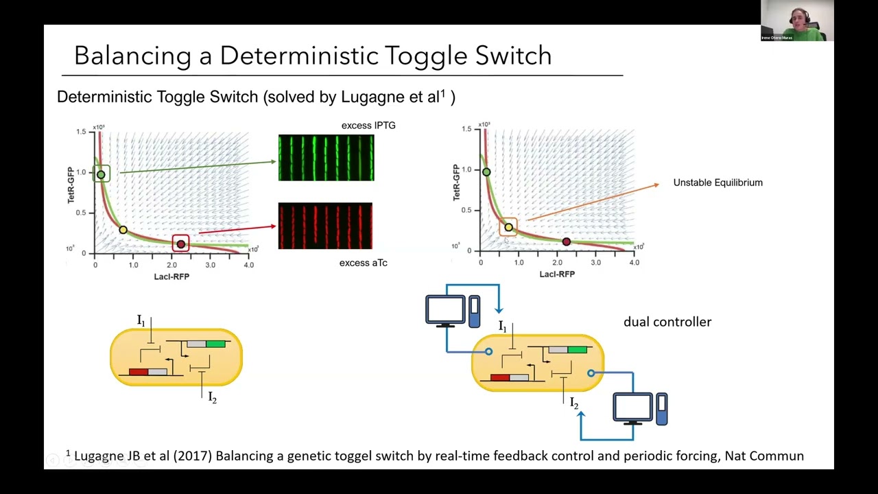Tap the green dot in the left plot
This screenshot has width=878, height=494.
click(x=101, y=174)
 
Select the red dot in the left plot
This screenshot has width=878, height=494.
click(x=181, y=244)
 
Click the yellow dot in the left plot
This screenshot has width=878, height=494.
click(x=123, y=230)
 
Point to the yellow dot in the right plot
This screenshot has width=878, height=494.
click(x=508, y=227)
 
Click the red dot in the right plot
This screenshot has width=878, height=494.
click(x=566, y=242)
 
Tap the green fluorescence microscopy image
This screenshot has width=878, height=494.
click(x=326, y=158)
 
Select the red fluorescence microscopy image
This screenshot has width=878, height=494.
click(x=325, y=226)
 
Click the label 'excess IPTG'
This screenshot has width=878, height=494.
click(x=368, y=126)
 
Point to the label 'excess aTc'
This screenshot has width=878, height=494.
click(x=363, y=263)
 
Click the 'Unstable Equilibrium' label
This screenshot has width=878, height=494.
click(x=717, y=183)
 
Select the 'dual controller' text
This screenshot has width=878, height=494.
click(x=667, y=322)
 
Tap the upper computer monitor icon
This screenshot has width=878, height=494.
click(x=445, y=310)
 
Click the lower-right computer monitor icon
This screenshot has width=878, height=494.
click(x=632, y=408)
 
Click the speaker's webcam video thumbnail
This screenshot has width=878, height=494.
click(x=796, y=21)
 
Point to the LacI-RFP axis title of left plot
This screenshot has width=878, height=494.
click(x=171, y=277)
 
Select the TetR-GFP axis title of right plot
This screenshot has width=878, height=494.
click(x=456, y=183)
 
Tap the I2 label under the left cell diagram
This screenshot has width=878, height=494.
click(x=212, y=398)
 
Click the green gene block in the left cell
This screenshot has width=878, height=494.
click(x=215, y=344)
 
